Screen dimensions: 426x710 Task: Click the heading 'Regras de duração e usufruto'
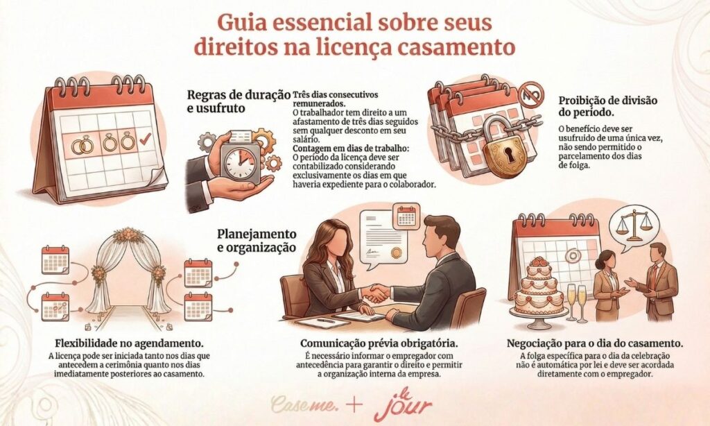coord(230,101)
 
